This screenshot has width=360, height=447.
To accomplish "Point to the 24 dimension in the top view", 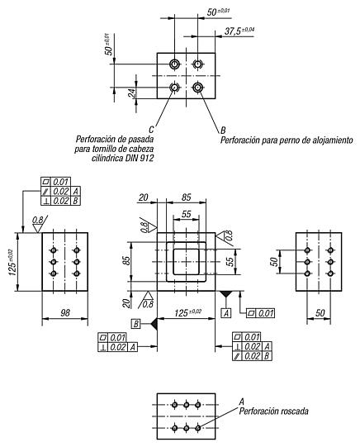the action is pos(132,93).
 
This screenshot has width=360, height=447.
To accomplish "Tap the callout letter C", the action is pos(151,130).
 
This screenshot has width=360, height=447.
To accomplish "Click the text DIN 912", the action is pos(139,158).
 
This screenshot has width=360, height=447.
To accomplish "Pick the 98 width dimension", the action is pos(65,312).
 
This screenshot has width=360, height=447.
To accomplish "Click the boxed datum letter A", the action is pos(226,313).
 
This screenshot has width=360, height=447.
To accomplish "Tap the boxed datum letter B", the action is pos(136,324).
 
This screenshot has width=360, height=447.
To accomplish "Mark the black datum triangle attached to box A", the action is pos(226,294).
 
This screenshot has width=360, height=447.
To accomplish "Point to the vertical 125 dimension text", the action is pos(12,262).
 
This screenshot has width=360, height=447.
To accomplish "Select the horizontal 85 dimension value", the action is pos(187,197).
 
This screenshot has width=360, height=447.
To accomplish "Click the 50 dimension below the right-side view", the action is pos(320,312).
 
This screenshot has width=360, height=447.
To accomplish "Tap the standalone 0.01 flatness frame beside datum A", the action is pos(261,313).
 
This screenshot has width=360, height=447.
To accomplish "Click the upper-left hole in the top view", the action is pos(174,64).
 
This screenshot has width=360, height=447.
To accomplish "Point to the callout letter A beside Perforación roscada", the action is pos(242,402).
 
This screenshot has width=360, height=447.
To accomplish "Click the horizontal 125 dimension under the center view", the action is pos(188,312).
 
